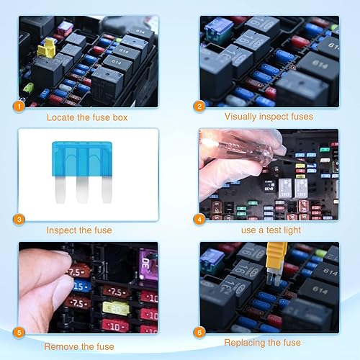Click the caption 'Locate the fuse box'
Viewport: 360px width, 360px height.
tap(89, 117)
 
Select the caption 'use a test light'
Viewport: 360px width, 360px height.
tap(271, 230)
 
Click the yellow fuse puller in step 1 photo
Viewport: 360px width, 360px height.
tap(49, 48)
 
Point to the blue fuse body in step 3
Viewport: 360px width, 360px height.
tap(84, 155)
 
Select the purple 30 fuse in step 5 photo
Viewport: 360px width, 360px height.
tap(148, 259)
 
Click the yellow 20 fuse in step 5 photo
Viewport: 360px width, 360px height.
tap(115, 308)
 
